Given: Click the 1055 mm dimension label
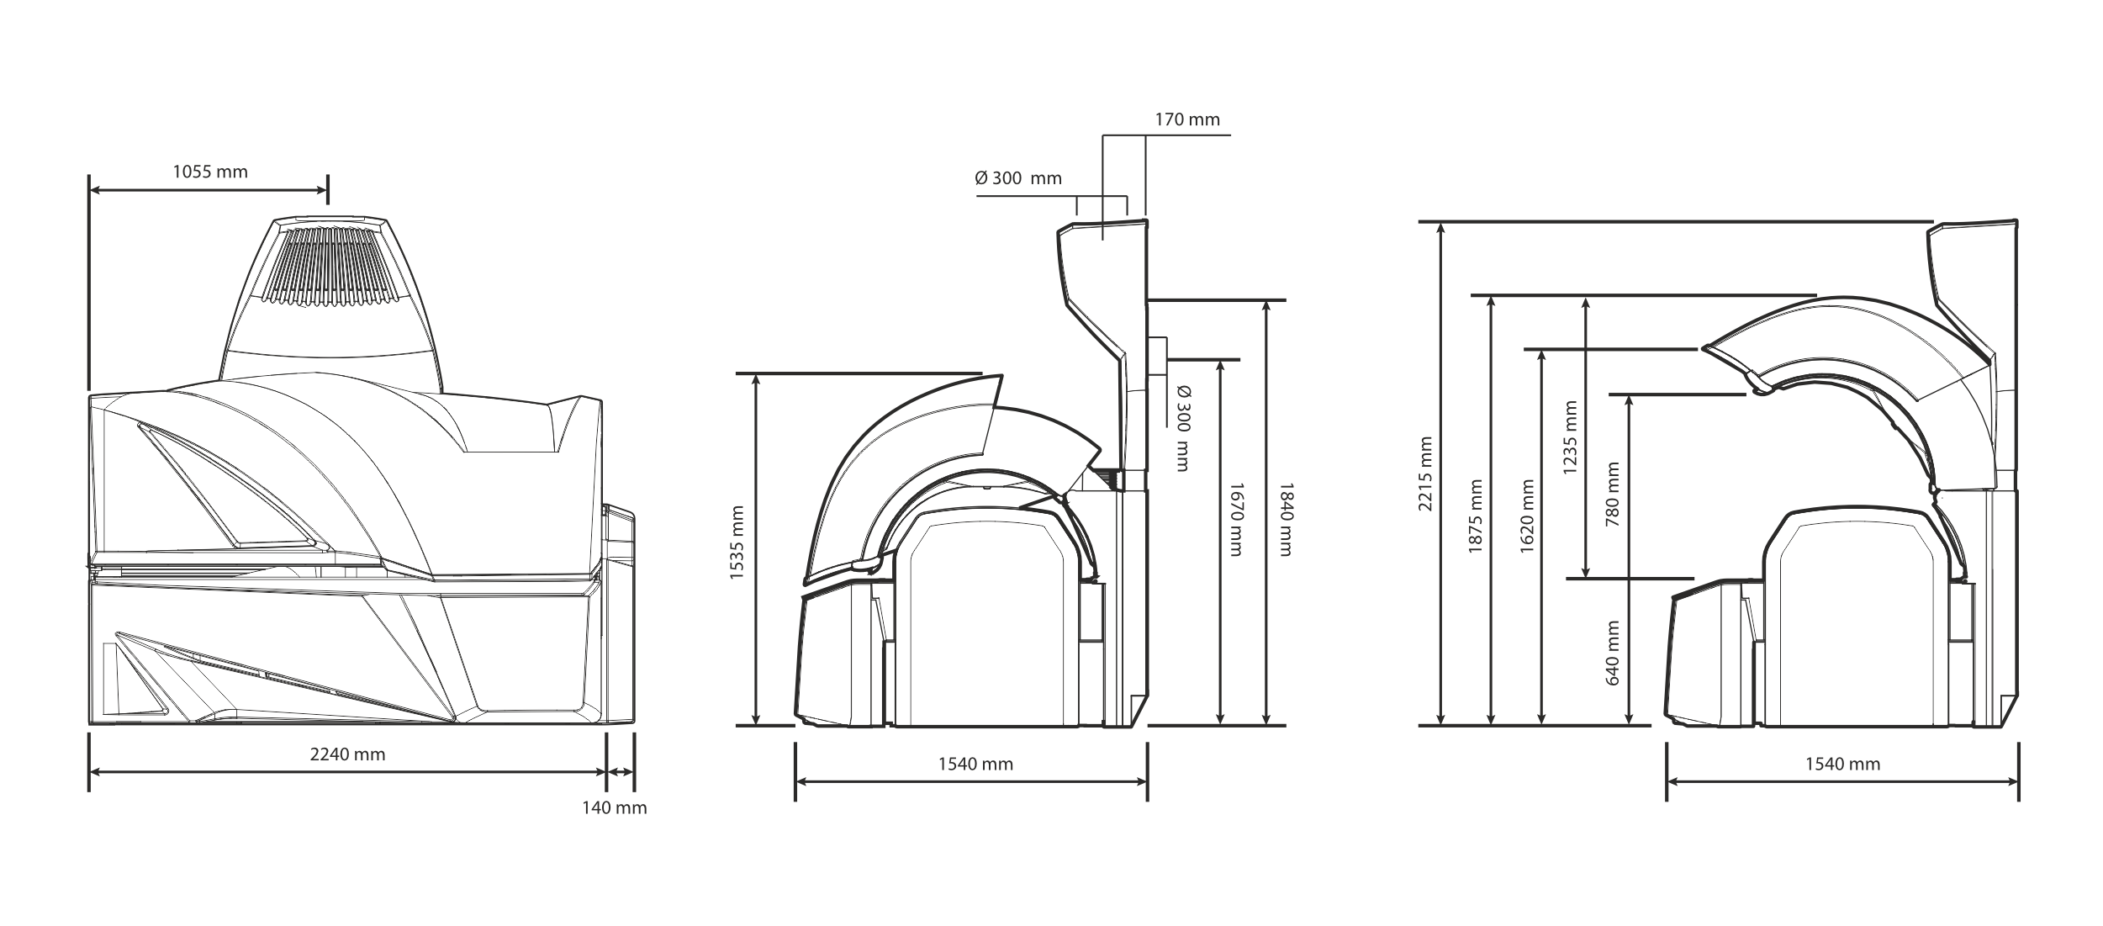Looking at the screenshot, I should (x=210, y=172).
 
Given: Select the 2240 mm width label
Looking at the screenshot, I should (x=347, y=754).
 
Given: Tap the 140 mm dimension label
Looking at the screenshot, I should (x=615, y=808).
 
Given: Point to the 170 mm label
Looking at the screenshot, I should (x=1186, y=119).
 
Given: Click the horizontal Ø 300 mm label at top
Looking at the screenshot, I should (x=1018, y=178).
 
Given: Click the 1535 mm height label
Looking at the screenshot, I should (x=737, y=542).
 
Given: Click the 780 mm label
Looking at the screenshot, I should (x=1613, y=494).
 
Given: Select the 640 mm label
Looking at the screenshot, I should (x=1613, y=653).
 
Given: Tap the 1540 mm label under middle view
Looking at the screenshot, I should (x=975, y=765).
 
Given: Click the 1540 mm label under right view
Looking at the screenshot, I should (x=1842, y=765).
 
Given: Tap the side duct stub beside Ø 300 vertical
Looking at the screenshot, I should (x=1157, y=356).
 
